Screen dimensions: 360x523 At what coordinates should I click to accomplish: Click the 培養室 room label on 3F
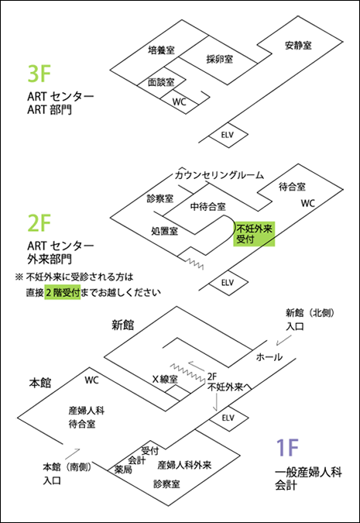[161, 50]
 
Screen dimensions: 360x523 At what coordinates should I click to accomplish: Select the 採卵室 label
[220, 60]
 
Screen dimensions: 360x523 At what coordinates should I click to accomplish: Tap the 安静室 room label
[298, 45]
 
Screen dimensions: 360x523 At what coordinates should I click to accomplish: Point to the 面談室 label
[161, 82]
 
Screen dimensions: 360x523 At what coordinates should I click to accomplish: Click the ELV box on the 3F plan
[228, 135]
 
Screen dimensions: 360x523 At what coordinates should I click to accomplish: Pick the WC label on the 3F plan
[180, 102]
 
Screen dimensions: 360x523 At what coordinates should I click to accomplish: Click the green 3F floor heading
[39, 74]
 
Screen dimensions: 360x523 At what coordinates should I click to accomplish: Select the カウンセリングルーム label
[219, 175]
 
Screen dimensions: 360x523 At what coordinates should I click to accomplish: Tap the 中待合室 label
[208, 206]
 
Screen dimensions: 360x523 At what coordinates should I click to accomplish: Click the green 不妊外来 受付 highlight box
[254, 233]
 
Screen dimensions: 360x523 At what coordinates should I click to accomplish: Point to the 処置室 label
[165, 231]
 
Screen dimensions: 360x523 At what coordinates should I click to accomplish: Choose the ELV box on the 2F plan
[228, 283]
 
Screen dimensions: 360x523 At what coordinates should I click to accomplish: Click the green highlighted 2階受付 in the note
[63, 293]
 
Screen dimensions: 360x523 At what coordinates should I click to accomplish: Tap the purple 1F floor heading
[287, 448]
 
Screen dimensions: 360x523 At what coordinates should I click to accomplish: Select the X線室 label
[165, 379]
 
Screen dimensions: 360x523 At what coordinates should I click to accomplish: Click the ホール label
[269, 357]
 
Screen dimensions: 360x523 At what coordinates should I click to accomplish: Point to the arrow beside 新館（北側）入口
[283, 340]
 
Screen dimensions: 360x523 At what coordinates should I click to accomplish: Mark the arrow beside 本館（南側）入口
[73, 453]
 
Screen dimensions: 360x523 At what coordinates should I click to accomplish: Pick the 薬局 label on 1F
[123, 470]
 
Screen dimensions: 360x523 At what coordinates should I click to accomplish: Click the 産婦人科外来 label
[184, 465]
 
